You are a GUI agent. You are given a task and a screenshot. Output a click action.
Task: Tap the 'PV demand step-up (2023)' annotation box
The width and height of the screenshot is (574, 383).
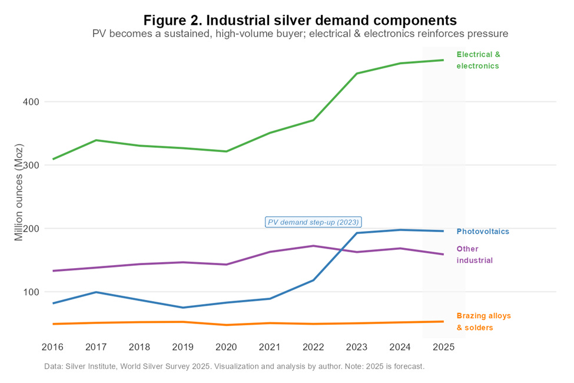tap(314, 222)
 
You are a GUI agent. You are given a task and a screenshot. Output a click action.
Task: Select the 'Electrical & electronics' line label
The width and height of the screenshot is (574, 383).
tap(478, 60)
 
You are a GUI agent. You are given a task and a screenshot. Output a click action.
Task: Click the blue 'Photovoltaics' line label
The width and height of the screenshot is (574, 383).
tap(483, 232)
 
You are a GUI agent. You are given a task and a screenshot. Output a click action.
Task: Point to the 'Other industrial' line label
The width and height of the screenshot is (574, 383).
tap(475, 255)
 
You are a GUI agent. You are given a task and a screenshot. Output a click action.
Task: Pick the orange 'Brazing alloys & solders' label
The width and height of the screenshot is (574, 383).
tap(483, 322)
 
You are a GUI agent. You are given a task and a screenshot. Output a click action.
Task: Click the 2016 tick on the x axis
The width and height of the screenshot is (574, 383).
tap(53, 347)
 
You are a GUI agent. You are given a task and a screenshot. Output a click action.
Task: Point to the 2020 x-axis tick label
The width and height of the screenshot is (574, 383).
tap(227, 347)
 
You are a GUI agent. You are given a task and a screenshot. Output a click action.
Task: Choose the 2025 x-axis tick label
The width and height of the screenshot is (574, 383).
tap(443, 347)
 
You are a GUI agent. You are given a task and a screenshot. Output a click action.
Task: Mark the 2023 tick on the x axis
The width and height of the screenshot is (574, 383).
tap(357, 347)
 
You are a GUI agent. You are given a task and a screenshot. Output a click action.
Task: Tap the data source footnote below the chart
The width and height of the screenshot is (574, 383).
tap(234, 367)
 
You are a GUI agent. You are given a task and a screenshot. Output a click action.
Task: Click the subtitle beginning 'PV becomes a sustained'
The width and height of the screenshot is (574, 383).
tap(300, 34)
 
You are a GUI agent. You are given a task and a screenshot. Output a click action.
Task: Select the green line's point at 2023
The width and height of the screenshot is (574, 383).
tap(357, 74)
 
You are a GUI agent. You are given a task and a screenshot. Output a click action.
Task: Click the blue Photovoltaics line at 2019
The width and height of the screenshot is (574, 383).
tap(183, 308)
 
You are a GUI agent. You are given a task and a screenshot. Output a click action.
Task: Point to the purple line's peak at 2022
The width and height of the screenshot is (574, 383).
tap(313, 246)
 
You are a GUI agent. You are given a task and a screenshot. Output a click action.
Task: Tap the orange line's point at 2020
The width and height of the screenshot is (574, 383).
tap(227, 325)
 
